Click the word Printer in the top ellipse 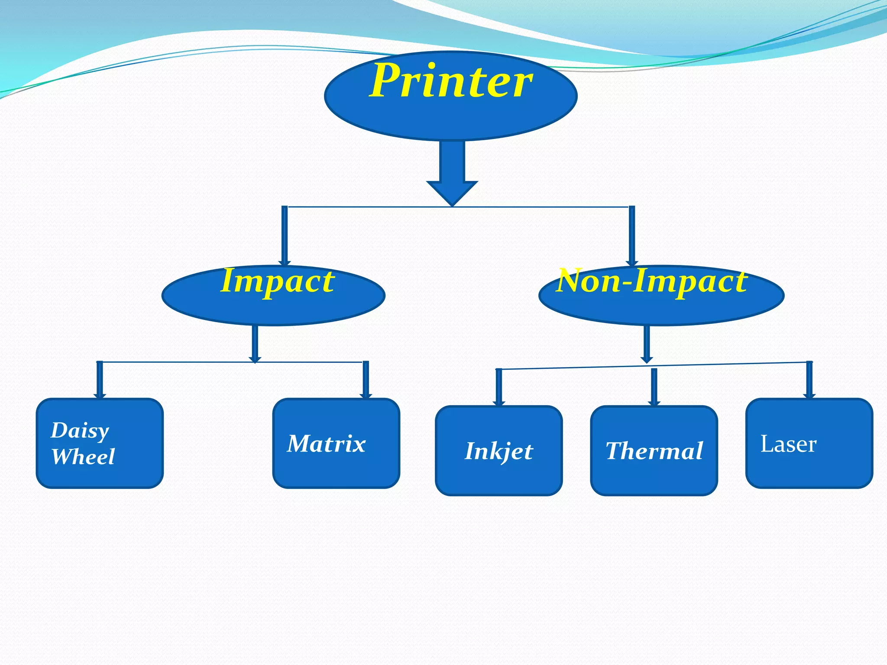[x=451, y=81]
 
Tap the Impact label [x=277, y=281]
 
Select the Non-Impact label [x=652, y=281]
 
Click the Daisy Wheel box [x=100, y=443]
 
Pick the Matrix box [x=336, y=443]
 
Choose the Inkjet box [x=499, y=451]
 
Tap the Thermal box [x=654, y=451]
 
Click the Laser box [x=809, y=443]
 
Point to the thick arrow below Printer [x=452, y=173]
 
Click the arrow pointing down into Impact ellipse [x=285, y=236]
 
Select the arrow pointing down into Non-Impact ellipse [x=632, y=236]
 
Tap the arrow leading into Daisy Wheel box [x=100, y=380]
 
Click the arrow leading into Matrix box [x=366, y=380]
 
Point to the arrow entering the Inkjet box [x=499, y=387]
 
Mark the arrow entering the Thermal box [x=654, y=387]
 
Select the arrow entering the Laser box [x=809, y=380]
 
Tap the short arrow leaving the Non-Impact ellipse [x=647, y=344]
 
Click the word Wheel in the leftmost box [x=83, y=457]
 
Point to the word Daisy [x=80, y=431]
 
